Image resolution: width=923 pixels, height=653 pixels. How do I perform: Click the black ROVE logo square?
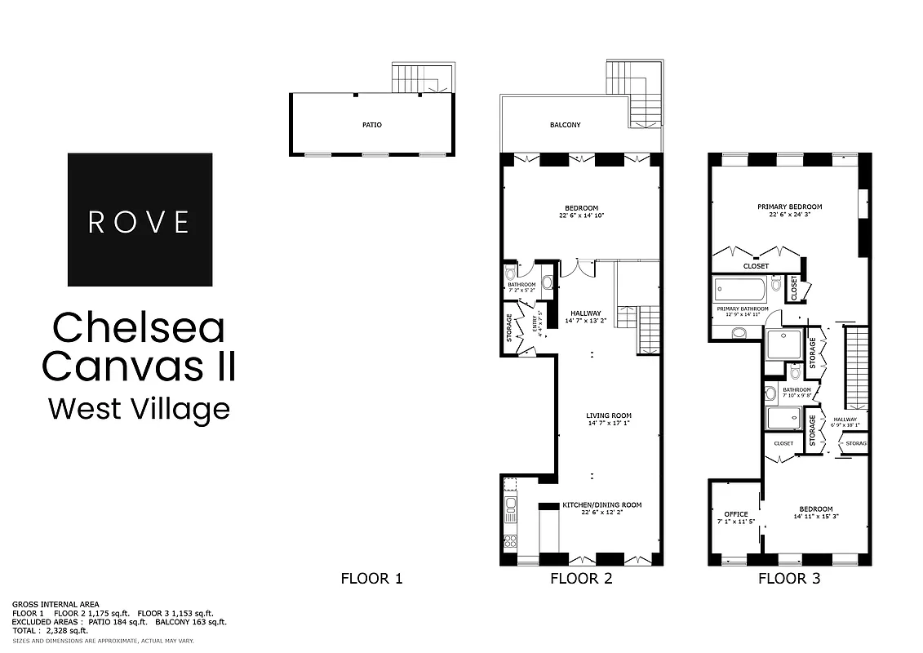(x=140, y=220)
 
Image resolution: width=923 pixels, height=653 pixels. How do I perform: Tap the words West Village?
(x=139, y=408)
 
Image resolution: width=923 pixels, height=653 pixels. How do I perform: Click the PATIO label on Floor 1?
(x=372, y=125)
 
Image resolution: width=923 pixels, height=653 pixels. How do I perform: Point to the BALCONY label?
(x=565, y=125)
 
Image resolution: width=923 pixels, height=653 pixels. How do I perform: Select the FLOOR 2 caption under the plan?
(x=581, y=579)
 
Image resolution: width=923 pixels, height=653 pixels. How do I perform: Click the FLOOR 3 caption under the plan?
(x=789, y=579)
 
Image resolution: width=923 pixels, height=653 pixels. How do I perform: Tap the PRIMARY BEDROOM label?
(x=789, y=207)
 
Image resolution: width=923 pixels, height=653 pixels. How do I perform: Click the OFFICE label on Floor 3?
(x=735, y=514)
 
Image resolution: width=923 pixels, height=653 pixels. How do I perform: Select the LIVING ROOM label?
(x=609, y=415)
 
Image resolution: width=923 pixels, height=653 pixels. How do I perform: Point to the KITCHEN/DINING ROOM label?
(x=602, y=505)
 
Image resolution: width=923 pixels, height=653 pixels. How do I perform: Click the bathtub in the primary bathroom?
(x=739, y=289)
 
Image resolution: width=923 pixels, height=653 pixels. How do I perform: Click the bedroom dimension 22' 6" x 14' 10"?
(x=581, y=216)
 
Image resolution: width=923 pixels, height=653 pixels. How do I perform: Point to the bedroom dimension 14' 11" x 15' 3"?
(x=816, y=517)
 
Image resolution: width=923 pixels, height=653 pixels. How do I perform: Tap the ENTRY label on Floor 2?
(x=537, y=325)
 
